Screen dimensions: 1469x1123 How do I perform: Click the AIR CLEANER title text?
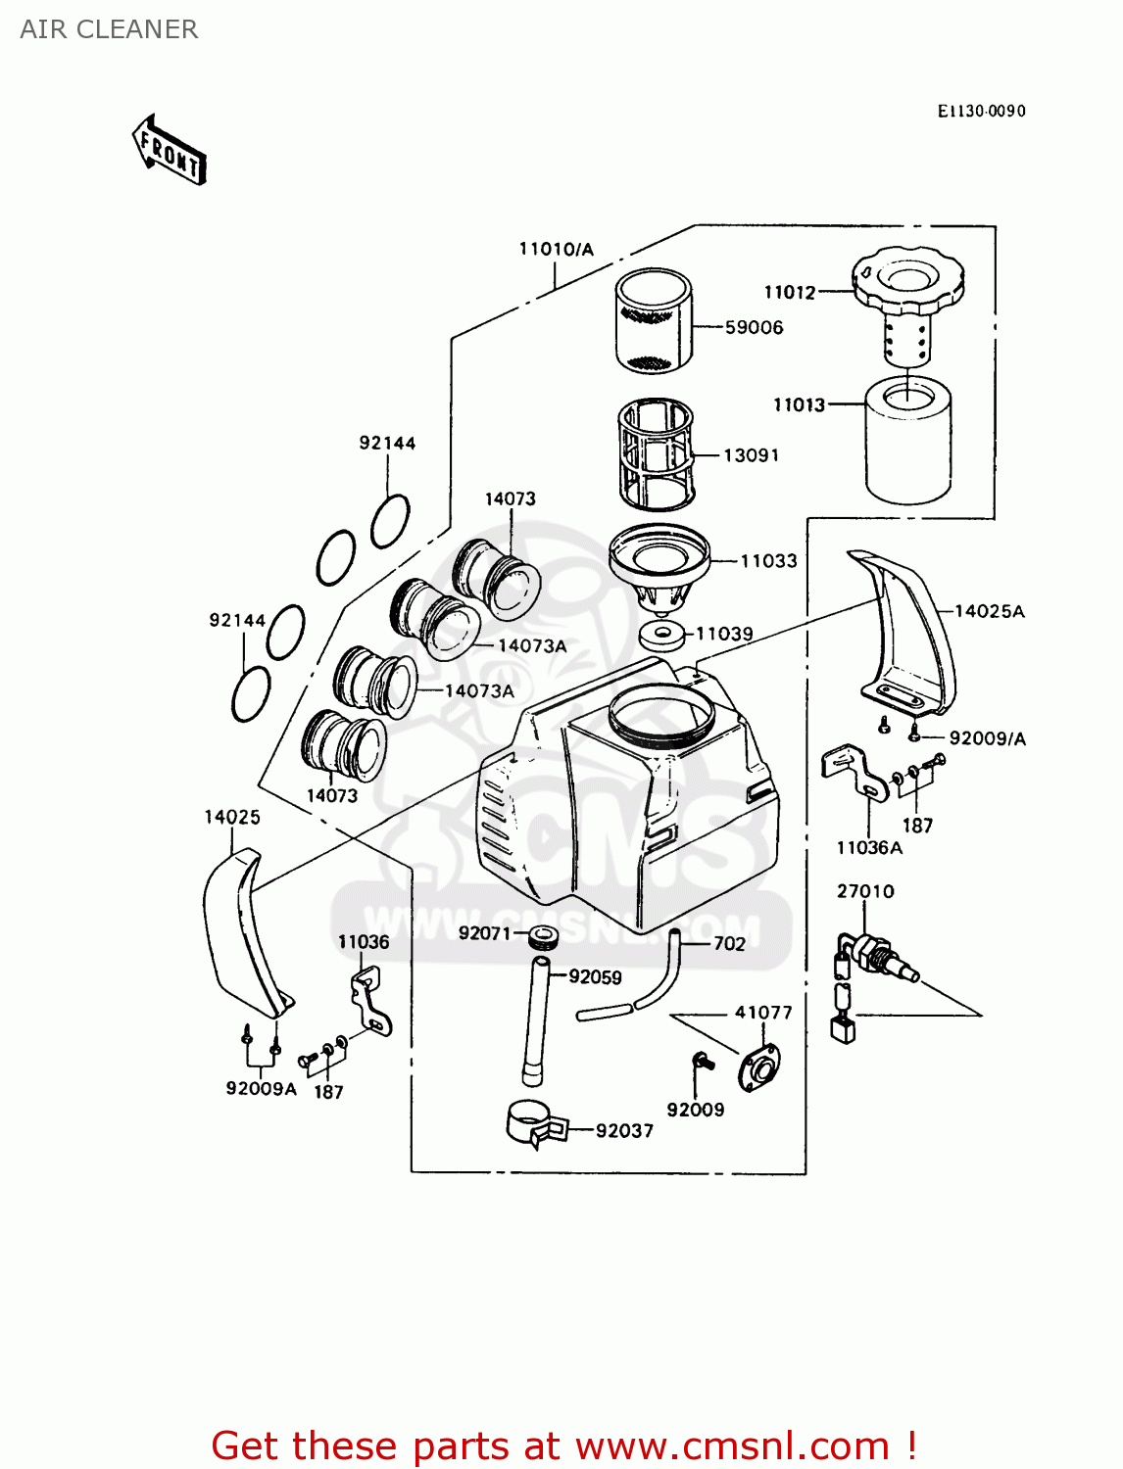coord(109,29)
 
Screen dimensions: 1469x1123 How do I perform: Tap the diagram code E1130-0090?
coord(981,111)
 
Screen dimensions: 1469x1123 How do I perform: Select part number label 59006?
coord(754,328)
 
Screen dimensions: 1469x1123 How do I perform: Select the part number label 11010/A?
coord(556,250)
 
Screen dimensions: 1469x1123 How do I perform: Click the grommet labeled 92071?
coord(543,936)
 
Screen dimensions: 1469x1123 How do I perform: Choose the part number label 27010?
coord(865,891)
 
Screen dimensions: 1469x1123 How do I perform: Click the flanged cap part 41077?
coord(758,1068)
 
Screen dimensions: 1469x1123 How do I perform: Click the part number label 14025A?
coord(989,611)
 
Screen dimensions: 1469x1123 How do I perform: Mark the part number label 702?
coord(729,944)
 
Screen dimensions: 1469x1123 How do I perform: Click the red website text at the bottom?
coord(563,1445)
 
